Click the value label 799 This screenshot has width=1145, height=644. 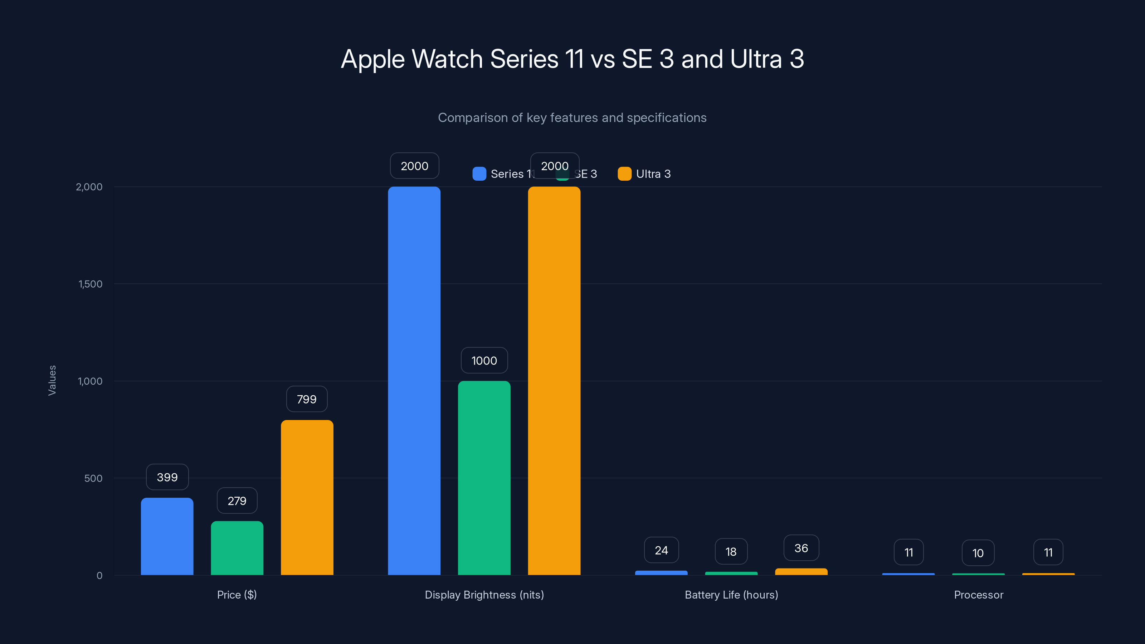pos(307,399)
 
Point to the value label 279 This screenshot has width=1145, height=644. pos(237,501)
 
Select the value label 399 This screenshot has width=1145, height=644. pos(167,477)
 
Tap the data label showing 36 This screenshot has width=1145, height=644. pos(801,548)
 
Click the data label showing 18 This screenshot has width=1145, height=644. pos(731,552)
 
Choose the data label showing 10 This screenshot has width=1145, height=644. pos(978,553)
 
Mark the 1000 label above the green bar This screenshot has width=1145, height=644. pos(484,360)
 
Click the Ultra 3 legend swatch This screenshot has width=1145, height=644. pos(624,174)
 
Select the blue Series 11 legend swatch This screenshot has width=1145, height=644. pos(479,174)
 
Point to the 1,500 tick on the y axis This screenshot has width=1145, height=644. pos(90,284)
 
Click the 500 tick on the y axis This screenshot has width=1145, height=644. pos(93,478)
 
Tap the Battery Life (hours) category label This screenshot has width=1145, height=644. pos(731,595)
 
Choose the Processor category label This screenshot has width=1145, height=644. pos(978,595)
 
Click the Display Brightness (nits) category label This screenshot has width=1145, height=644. pos(484,595)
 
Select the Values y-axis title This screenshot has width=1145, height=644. pos(52,380)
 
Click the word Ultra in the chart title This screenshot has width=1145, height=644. pos(756,59)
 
